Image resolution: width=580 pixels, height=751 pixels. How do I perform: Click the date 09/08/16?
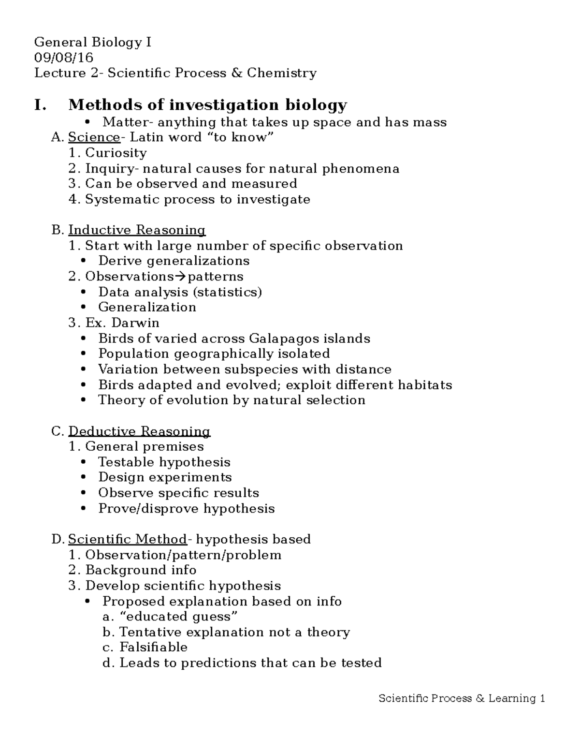[63, 58]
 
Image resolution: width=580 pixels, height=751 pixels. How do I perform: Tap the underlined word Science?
[94, 137]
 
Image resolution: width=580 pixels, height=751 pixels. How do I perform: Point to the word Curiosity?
[116, 153]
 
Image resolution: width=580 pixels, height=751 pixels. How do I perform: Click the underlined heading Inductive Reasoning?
[137, 230]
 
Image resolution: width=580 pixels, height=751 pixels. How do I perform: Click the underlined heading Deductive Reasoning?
[139, 431]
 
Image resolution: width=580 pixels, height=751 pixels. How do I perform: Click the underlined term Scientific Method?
[127, 539]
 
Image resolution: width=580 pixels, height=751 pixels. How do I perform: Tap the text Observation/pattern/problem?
[183, 555]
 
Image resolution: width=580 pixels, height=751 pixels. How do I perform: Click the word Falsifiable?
[153, 648]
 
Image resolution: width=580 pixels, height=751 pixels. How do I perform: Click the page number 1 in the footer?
[543, 699]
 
